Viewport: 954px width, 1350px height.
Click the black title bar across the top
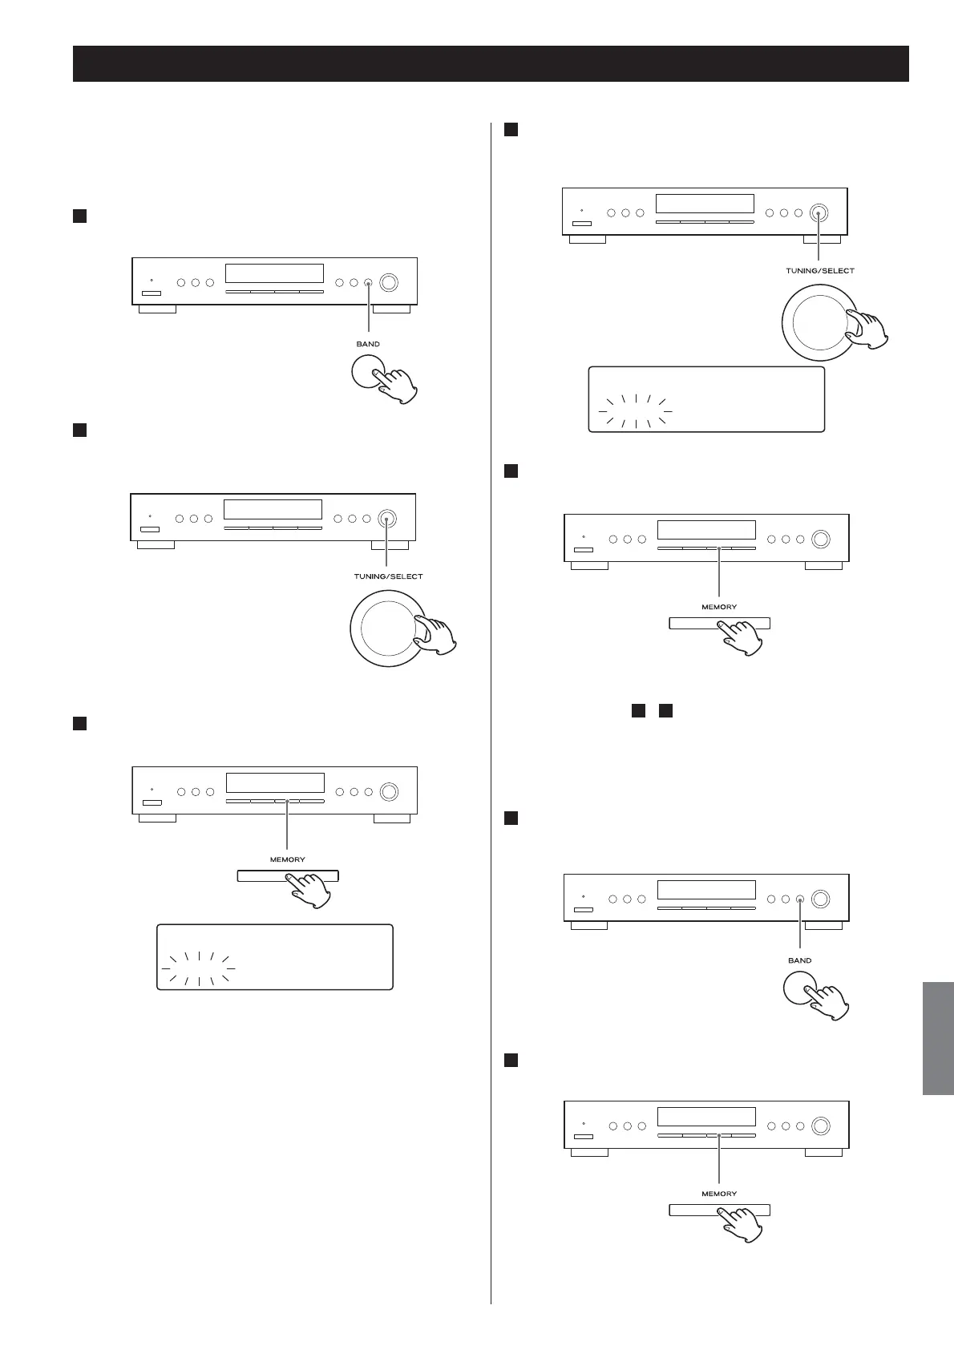tap(491, 63)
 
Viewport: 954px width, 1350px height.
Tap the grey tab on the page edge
tap(938, 1037)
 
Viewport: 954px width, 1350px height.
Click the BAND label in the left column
tap(368, 344)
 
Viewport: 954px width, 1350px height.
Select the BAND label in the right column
tap(799, 960)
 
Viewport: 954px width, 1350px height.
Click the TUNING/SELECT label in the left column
tap(388, 576)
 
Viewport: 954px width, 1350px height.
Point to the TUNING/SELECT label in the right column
tap(819, 271)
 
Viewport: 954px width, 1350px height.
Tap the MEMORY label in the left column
tap(287, 859)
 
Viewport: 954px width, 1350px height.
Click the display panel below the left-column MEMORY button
tap(274, 957)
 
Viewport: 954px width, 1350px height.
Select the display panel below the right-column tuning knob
tap(706, 399)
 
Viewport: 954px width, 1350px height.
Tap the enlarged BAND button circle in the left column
tap(366, 372)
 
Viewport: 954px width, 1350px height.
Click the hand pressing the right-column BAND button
tap(827, 1002)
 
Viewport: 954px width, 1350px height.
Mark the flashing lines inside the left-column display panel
tap(198, 968)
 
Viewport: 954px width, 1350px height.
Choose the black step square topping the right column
tap(510, 129)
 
